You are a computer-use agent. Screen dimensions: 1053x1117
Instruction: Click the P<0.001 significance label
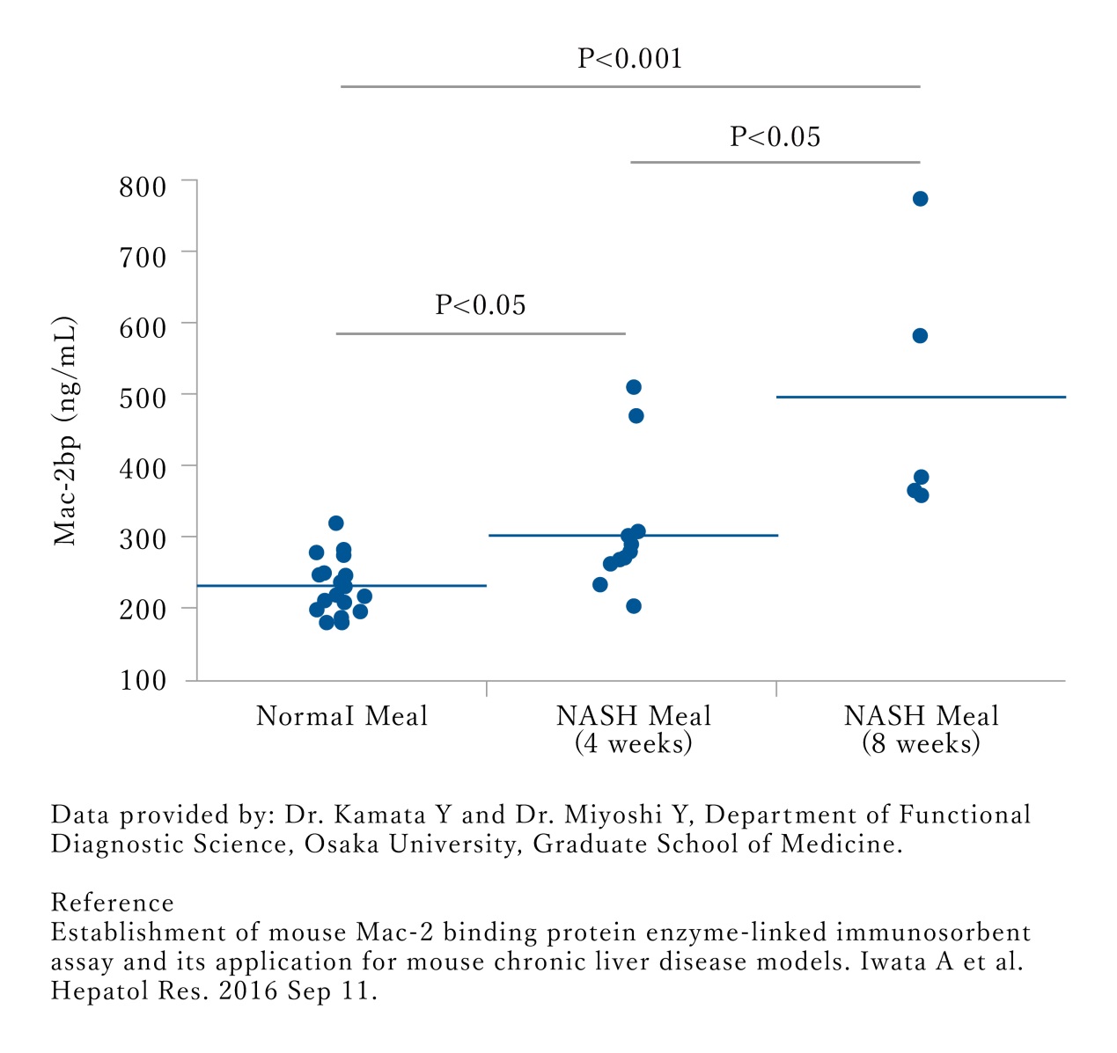(629, 59)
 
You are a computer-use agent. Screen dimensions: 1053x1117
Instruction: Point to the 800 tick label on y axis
(142, 186)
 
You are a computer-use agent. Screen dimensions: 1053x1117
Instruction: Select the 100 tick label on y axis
(142, 680)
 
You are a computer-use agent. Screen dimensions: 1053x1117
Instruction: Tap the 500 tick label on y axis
(142, 397)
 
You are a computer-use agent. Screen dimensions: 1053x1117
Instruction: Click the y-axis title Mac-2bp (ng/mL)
(65, 431)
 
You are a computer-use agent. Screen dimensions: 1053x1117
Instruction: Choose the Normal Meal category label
(342, 716)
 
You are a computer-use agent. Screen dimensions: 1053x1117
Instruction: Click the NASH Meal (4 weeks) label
(634, 729)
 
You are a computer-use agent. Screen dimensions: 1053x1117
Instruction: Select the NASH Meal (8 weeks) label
(922, 729)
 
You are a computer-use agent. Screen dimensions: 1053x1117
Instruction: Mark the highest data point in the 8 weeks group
(921, 199)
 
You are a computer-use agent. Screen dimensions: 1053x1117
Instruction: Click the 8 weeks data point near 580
(920, 336)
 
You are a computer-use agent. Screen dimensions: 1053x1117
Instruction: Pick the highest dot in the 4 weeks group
(633, 387)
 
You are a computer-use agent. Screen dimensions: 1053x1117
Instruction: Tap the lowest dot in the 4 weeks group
(634, 606)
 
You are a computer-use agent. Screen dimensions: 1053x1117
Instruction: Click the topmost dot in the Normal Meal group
(335, 523)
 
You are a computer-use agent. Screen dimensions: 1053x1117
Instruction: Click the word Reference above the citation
(113, 903)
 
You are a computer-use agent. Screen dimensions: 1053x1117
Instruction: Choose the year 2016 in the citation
(248, 991)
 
